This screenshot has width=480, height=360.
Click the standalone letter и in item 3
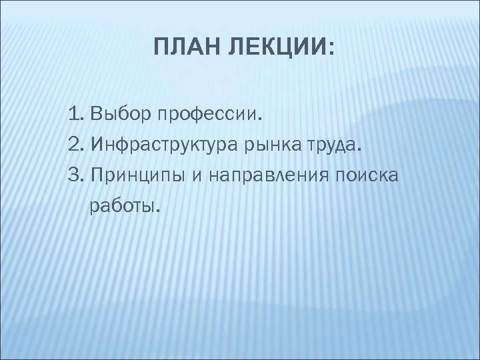coord(197,175)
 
